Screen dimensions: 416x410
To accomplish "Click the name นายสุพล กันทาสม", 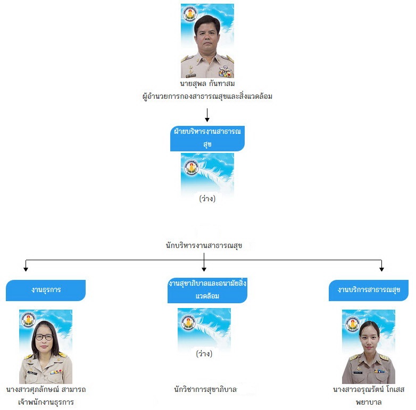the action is (207, 84).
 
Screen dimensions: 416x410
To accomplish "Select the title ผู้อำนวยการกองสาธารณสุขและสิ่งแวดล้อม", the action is (207, 96).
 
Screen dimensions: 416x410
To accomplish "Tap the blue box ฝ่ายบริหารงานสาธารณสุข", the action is (207, 138).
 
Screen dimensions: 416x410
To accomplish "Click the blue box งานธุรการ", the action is (46, 290).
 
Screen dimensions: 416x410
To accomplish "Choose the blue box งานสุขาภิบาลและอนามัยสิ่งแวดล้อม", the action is (207, 290).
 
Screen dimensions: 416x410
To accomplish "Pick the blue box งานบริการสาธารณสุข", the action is (369, 290).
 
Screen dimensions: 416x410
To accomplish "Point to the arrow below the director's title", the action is (207, 115).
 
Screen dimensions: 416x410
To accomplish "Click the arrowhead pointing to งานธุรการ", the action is (26, 269).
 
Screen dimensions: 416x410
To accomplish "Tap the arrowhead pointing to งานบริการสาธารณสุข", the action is (381, 269).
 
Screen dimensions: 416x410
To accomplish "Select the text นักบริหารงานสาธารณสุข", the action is (204, 245).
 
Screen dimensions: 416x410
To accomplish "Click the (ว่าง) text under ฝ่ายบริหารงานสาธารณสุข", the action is (207, 199).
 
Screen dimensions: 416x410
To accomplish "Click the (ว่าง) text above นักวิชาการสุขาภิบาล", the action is (204, 354).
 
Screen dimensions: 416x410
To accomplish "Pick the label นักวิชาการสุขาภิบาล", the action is (205, 389).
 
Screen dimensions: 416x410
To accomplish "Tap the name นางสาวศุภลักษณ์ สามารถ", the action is (46, 389).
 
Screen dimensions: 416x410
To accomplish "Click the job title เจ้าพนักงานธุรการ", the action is (46, 402).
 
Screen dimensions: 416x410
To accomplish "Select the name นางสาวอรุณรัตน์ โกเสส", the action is (369, 389).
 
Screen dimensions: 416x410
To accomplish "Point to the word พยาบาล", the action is (369, 402).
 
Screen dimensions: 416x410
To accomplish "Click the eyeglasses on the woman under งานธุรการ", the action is (44, 337).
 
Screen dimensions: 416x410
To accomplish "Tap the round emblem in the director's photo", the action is (190, 13).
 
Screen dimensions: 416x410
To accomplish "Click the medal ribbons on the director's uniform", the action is (225, 72).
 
